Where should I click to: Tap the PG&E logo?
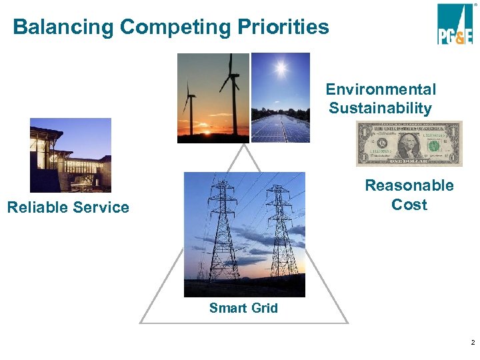(x=455, y=24)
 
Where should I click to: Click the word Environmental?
(x=381, y=89)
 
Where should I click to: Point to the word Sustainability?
(x=380, y=108)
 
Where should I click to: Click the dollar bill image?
(x=409, y=144)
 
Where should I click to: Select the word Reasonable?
(x=409, y=185)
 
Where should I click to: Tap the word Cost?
(x=409, y=205)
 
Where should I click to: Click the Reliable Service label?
(x=68, y=207)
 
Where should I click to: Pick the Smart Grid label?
(x=243, y=308)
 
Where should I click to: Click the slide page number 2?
(x=472, y=343)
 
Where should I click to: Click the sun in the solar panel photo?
(x=280, y=68)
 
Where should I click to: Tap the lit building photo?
(x=70, y=155)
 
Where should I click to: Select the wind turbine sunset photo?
(x=213, y=98)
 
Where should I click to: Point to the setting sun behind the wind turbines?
(x=205, y=132)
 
